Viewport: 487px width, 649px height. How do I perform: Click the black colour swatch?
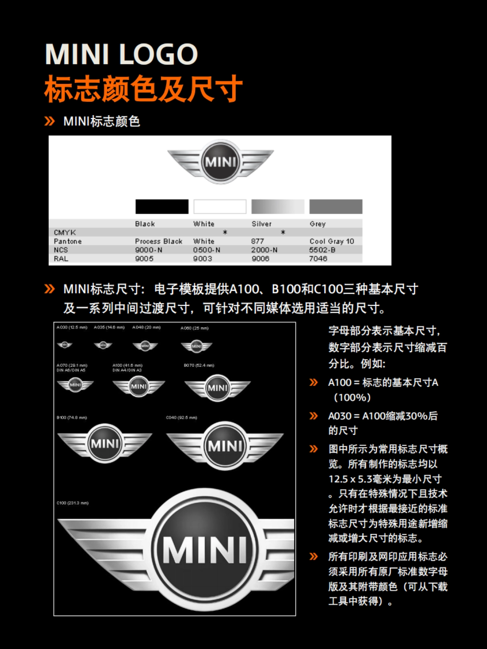[162, 206]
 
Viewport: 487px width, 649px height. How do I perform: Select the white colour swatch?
[220, 206]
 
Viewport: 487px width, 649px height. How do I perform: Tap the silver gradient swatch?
[278, 206]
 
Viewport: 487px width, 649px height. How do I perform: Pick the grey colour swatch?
[336, 206]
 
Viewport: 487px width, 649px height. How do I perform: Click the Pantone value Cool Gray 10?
[332, 241]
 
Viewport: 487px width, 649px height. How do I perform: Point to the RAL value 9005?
[144, 259]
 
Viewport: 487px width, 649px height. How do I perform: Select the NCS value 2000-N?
[264, 250]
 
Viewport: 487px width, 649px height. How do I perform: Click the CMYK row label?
[65, 232]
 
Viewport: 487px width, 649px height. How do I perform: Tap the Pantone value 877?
[257, 241]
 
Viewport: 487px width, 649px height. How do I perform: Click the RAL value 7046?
[318, 259]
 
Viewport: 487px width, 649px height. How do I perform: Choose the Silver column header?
[262, 224]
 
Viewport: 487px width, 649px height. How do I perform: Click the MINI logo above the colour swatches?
[220, 162]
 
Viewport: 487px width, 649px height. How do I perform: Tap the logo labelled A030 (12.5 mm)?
[65, 345]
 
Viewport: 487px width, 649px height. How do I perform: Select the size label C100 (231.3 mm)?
[73, 503]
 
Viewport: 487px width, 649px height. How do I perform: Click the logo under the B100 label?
[105, 443]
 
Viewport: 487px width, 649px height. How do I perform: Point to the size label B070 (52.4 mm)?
[199, 365]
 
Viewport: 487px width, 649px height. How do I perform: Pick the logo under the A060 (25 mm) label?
[196, 346]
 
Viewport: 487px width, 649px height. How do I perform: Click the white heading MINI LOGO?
[121, 54]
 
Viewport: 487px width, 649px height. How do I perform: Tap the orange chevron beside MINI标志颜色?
[50, 121]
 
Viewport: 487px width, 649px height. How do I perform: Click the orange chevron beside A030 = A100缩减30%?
[314, 416]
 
